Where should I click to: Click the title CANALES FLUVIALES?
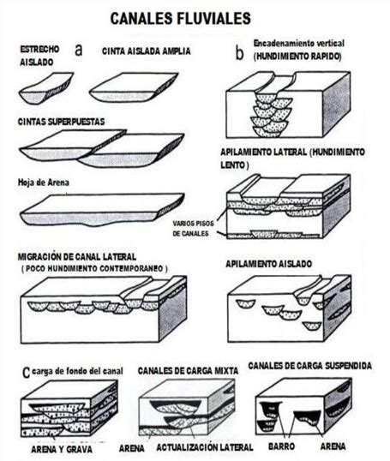tap(180, 19)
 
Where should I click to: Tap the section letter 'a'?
tap(78, 51)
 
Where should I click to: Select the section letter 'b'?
tap(240, 53)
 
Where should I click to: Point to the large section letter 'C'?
tap(27, 373)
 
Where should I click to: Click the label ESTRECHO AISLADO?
tap(39, 56)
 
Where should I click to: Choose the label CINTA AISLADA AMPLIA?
tap(147, 51)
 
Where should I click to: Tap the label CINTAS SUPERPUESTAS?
tap(61, 122)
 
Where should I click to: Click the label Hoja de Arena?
tap(44, 183)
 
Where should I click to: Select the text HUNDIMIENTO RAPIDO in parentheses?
tap(297, 57)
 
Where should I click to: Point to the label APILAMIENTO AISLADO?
tap(268, 264)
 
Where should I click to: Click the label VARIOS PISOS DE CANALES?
tap(193, 228)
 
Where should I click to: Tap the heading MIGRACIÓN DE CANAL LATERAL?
tap(77, 257)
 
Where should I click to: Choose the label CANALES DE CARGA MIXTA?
tap(188, 371)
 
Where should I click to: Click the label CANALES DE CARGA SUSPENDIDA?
tap(310, 365)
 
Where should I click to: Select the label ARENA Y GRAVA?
tap(62, 449)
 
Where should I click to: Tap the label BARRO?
tap(281, 446)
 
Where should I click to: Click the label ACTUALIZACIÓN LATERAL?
tap(205, 447)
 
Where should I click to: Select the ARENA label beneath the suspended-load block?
tap(333, 446)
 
